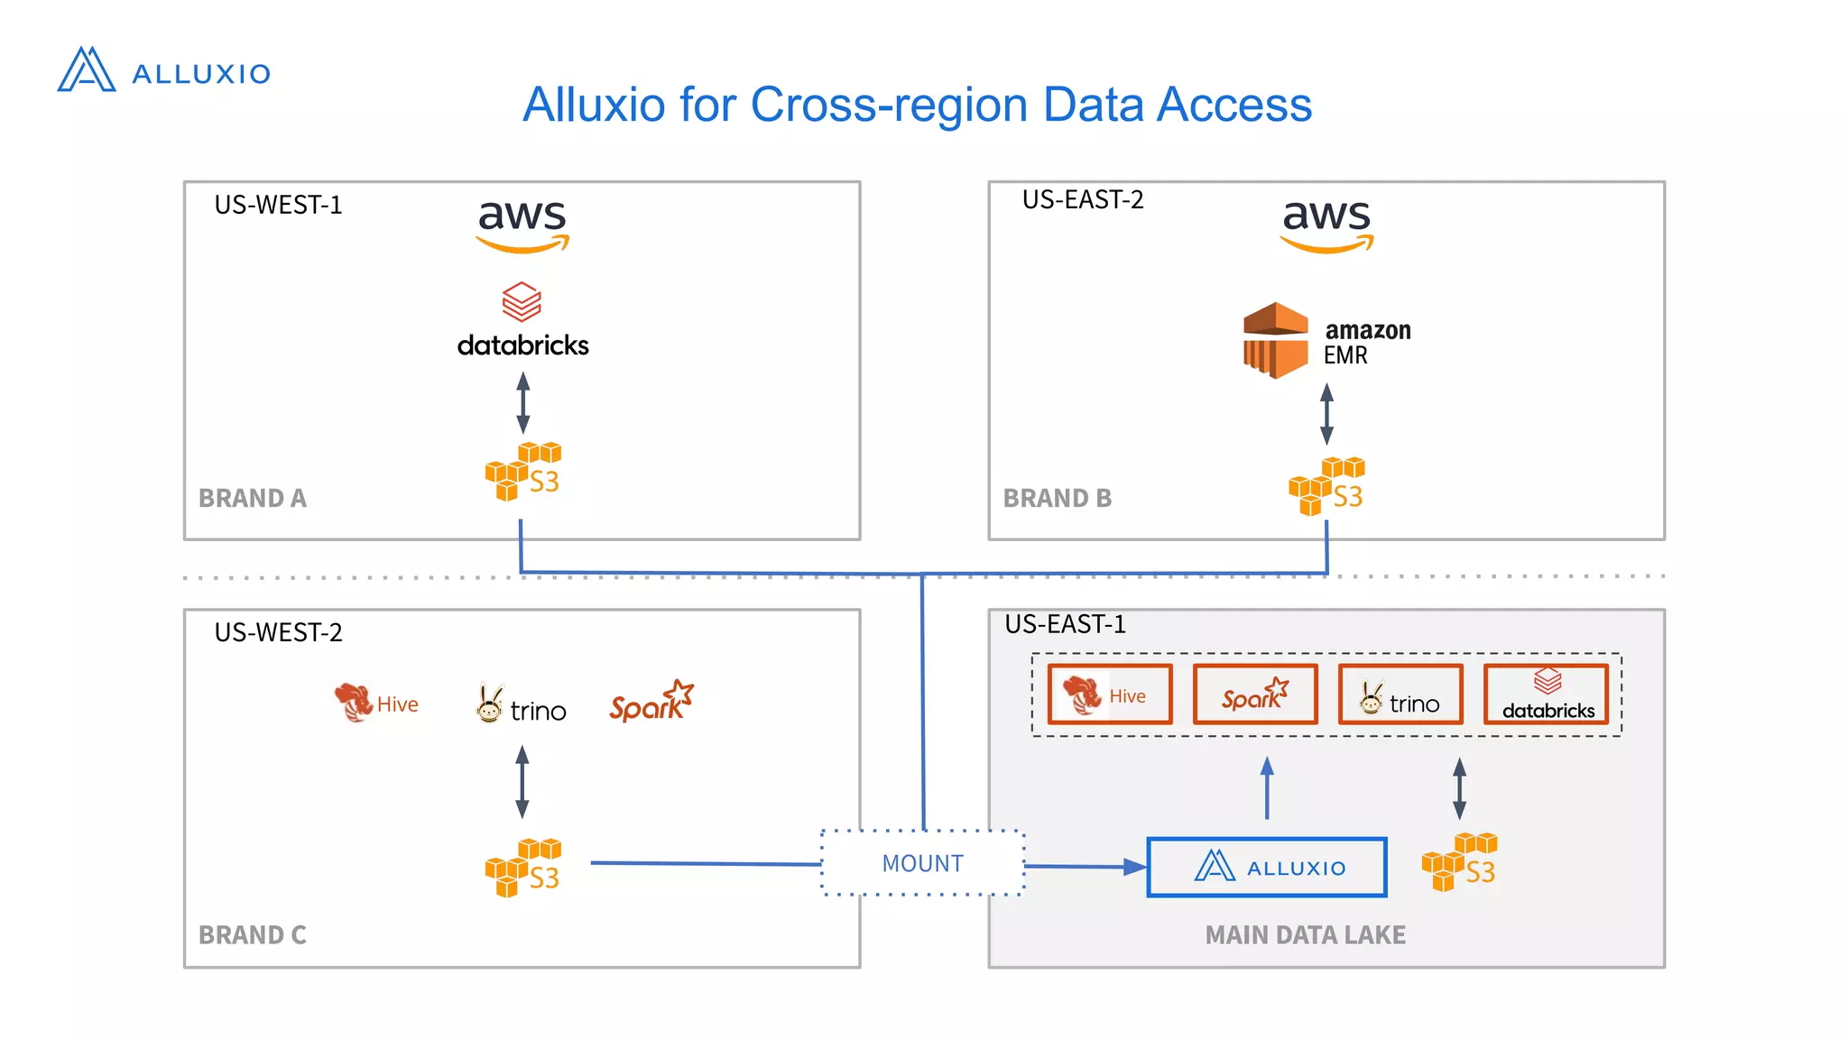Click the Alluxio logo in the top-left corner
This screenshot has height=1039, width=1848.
[162, 70]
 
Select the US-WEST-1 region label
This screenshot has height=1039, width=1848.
[278, 206]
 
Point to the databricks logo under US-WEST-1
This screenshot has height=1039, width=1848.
[522, 320]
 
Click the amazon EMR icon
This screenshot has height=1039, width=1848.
[1275, 340]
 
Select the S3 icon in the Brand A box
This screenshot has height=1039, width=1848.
[523, 472]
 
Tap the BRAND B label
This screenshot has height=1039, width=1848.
[1057, 498]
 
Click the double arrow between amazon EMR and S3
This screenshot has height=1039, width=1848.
[1326, 414]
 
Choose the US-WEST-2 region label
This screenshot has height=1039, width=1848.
[278, 632]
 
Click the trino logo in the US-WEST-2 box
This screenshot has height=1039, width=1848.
[522, 705]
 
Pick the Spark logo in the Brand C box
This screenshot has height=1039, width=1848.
[651, 702]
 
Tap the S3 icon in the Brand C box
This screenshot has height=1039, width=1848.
[523, 868]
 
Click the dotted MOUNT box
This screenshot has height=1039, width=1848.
[922, 863]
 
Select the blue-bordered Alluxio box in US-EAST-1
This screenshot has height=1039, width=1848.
[1266, 868]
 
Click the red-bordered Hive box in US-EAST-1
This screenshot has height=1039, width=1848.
[1110, 694]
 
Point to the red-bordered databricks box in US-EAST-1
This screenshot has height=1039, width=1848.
[1547, 694]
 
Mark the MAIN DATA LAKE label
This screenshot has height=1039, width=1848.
[1305, 935]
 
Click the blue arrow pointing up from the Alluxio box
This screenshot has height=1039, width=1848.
[1267, 787]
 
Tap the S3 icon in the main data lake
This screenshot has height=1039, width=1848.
[1459, 862]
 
